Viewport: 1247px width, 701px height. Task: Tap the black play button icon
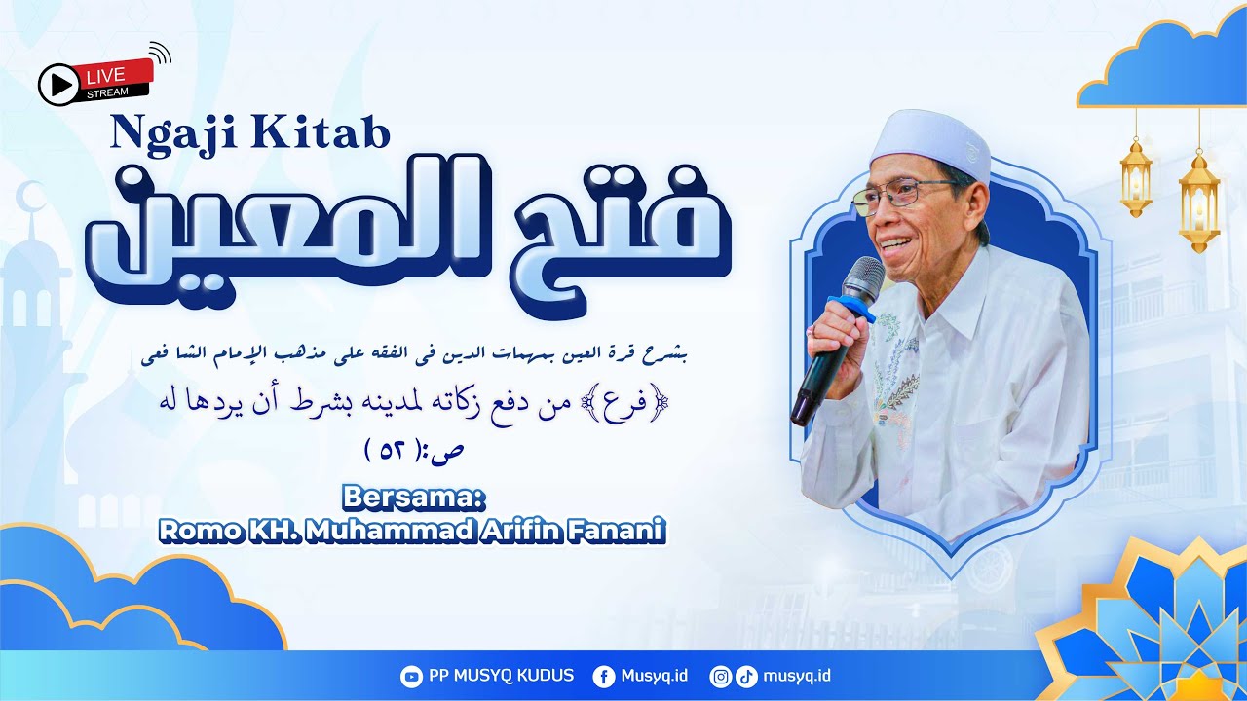58,85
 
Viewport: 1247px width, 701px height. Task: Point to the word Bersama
413,498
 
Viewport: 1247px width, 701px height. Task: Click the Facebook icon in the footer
603,677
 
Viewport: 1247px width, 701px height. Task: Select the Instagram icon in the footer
720,677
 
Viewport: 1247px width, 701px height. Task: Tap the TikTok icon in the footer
745,677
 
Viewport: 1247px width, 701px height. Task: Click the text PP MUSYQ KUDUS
501,676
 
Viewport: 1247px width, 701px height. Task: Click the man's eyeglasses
901,197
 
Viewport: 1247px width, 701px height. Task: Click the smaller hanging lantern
1135,177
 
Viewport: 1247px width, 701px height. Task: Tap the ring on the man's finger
812,332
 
